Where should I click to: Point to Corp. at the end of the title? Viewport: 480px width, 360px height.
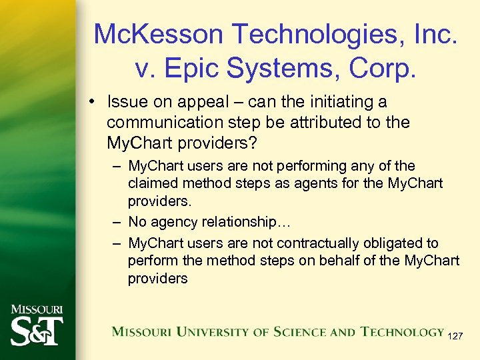click(378, 69)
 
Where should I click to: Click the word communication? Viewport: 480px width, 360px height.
click(161, 123)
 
